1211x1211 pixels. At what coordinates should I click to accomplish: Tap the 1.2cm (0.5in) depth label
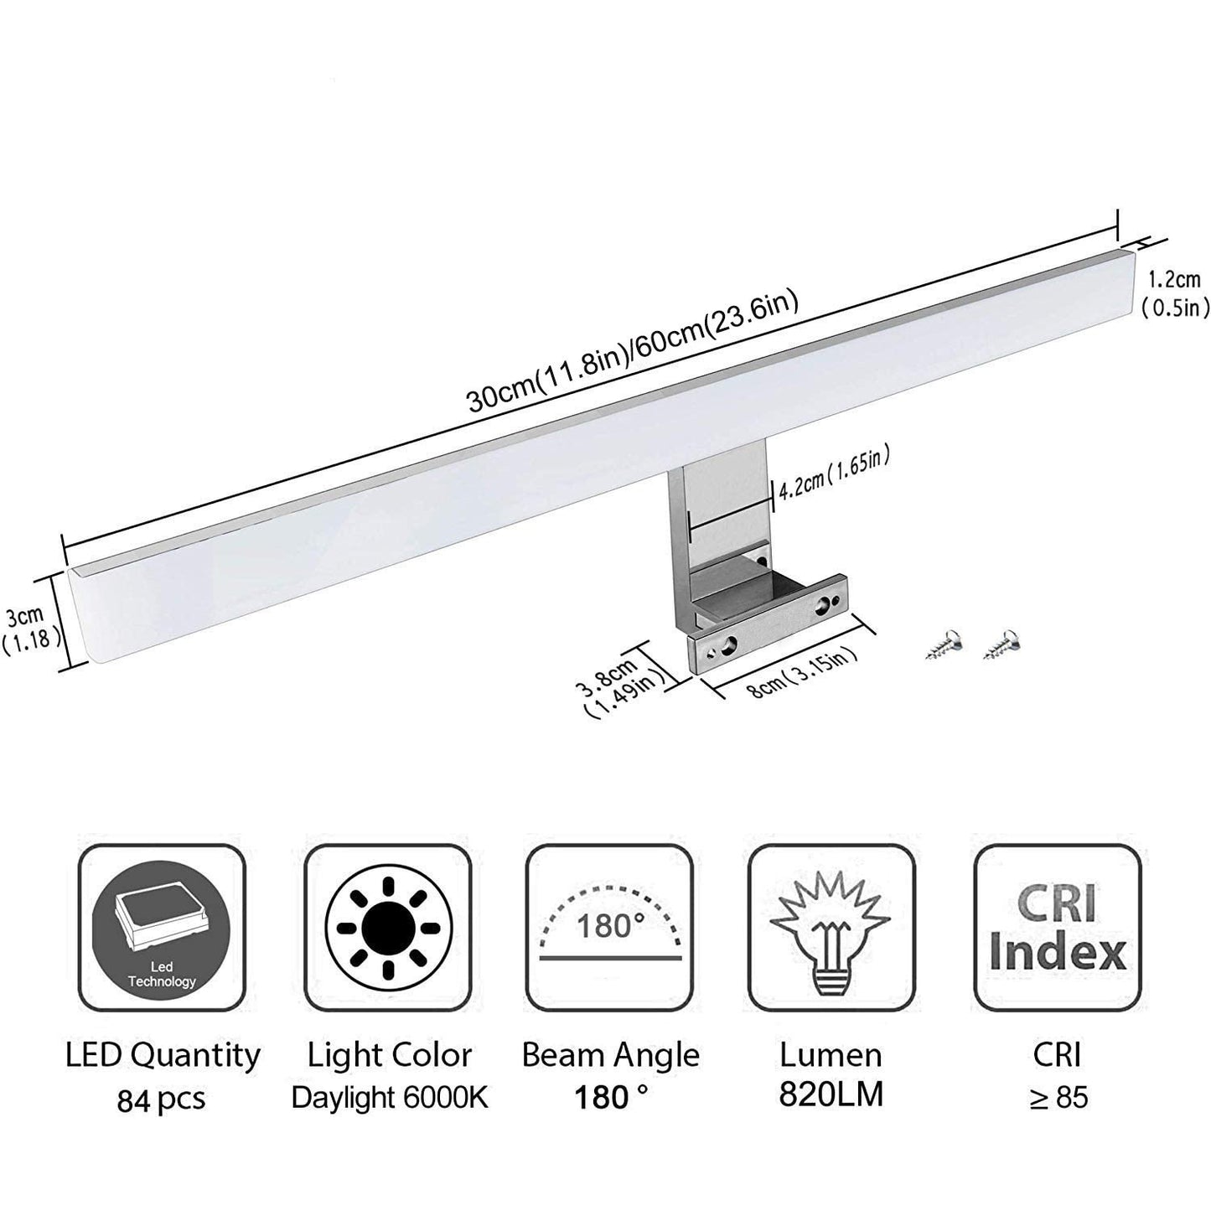[1175, 293]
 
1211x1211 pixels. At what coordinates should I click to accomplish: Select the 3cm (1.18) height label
[30, 629]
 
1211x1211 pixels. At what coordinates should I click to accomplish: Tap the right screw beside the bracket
[1001, 643]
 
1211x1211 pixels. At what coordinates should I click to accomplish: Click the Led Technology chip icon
[162, 927]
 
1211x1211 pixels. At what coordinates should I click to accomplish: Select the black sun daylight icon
[389, 927]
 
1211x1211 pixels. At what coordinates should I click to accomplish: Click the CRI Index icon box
[1058, 927]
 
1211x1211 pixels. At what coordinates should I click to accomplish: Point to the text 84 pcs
[161, 1099]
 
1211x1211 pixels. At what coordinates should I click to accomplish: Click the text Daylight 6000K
[389, 1097]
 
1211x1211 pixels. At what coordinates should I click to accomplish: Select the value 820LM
[831, 1095]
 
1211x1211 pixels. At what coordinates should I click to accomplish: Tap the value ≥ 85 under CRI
[1058, 1097]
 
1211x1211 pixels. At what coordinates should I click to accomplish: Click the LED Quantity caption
[163, 1055]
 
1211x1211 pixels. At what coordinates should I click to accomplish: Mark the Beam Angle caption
[610, 1055]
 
